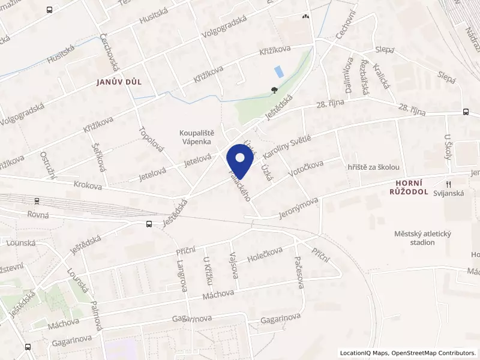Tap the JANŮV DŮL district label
[x=118, y=82]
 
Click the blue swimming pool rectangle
[x=279, y=71]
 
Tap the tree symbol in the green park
[x=274, y=91]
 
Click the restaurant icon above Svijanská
[x=447, y=184]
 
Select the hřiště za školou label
[x=373, y=168]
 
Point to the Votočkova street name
[x=305, y=172]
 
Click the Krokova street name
[x=88, y=186]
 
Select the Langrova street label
[x=182, y=275]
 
